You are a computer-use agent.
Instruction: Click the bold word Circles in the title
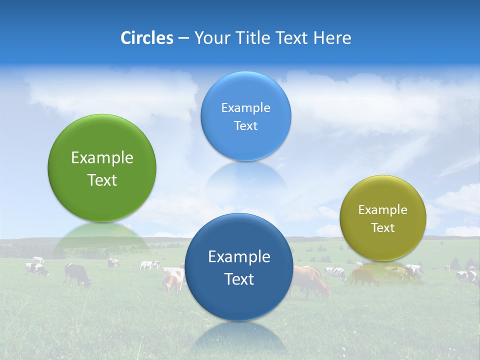[x=147, y=38]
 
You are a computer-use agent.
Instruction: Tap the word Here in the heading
[x=332, y=38]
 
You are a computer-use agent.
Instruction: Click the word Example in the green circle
[x=102, y=158]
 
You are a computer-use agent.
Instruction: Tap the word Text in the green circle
[x=102, y=180]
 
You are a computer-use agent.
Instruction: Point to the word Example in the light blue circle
[x=245, y=108]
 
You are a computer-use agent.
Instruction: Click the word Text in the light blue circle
[x=245, y=126]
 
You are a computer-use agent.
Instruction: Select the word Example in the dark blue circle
[x=239, y=257]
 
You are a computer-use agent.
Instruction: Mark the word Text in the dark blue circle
[x=239, y=279]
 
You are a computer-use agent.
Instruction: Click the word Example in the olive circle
[x=382, y=210]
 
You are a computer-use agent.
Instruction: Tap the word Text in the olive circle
[x=383, y=228]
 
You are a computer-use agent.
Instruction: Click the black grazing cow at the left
[x=77, y=274]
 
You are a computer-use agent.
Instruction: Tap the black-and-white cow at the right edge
[x=467, y=276]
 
